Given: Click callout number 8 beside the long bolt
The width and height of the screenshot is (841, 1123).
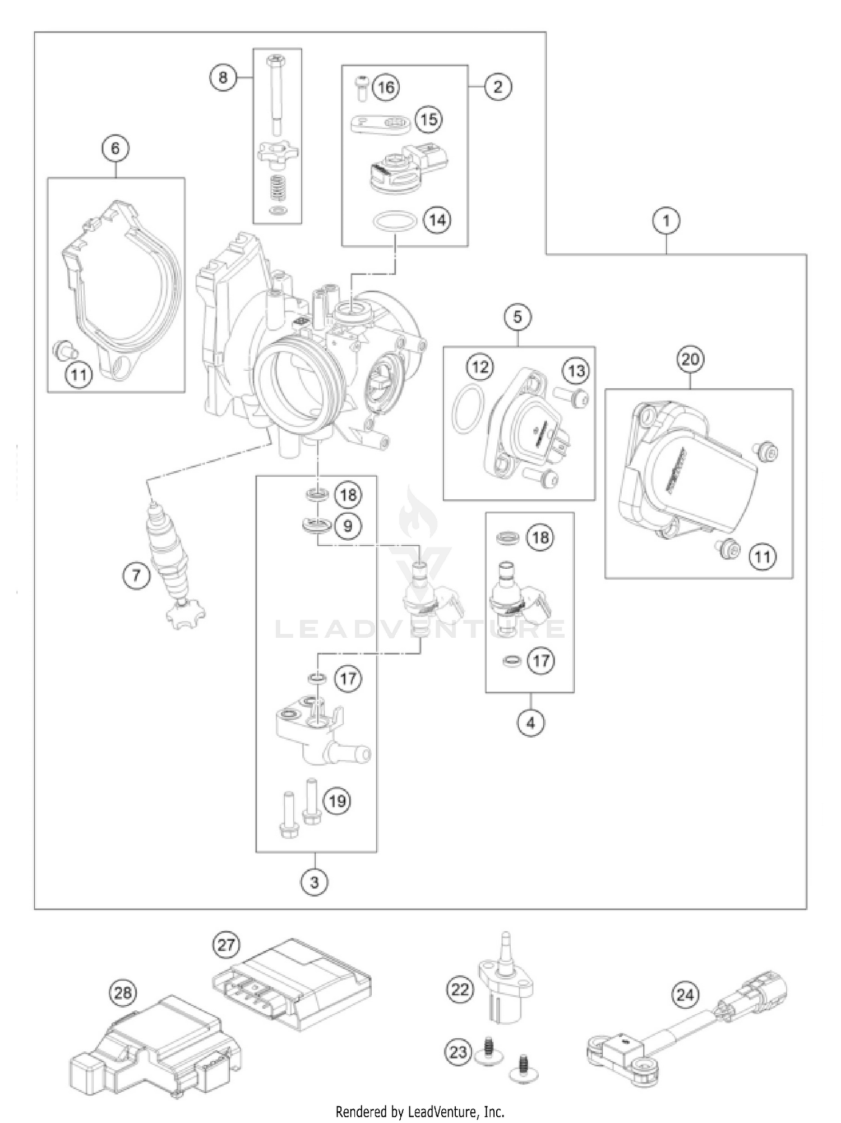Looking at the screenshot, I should [223, 77].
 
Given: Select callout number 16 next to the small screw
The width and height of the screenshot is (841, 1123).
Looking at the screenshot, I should [386, 88].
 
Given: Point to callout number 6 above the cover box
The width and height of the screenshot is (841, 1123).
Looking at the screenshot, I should [115, 148].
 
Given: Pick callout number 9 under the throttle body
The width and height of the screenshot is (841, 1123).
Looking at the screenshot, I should [348, 526].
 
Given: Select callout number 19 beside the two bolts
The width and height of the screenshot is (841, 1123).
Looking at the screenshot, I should [337, 800].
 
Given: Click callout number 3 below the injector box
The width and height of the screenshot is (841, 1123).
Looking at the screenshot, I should [314, 882].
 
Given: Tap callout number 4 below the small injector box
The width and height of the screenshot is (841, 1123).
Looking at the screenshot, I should [530, 723].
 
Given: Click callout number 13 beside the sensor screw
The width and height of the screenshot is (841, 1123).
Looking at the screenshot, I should [576, 370].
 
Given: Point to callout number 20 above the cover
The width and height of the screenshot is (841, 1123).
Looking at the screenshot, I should [690, 358].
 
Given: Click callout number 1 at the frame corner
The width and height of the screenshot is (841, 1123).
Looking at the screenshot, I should [666, 220].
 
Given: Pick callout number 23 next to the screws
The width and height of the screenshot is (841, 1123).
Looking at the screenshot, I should [458, 1052].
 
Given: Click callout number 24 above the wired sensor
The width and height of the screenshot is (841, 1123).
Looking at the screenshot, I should [685, 995].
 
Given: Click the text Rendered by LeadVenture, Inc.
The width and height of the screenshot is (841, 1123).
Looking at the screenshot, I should [420, 1111].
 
